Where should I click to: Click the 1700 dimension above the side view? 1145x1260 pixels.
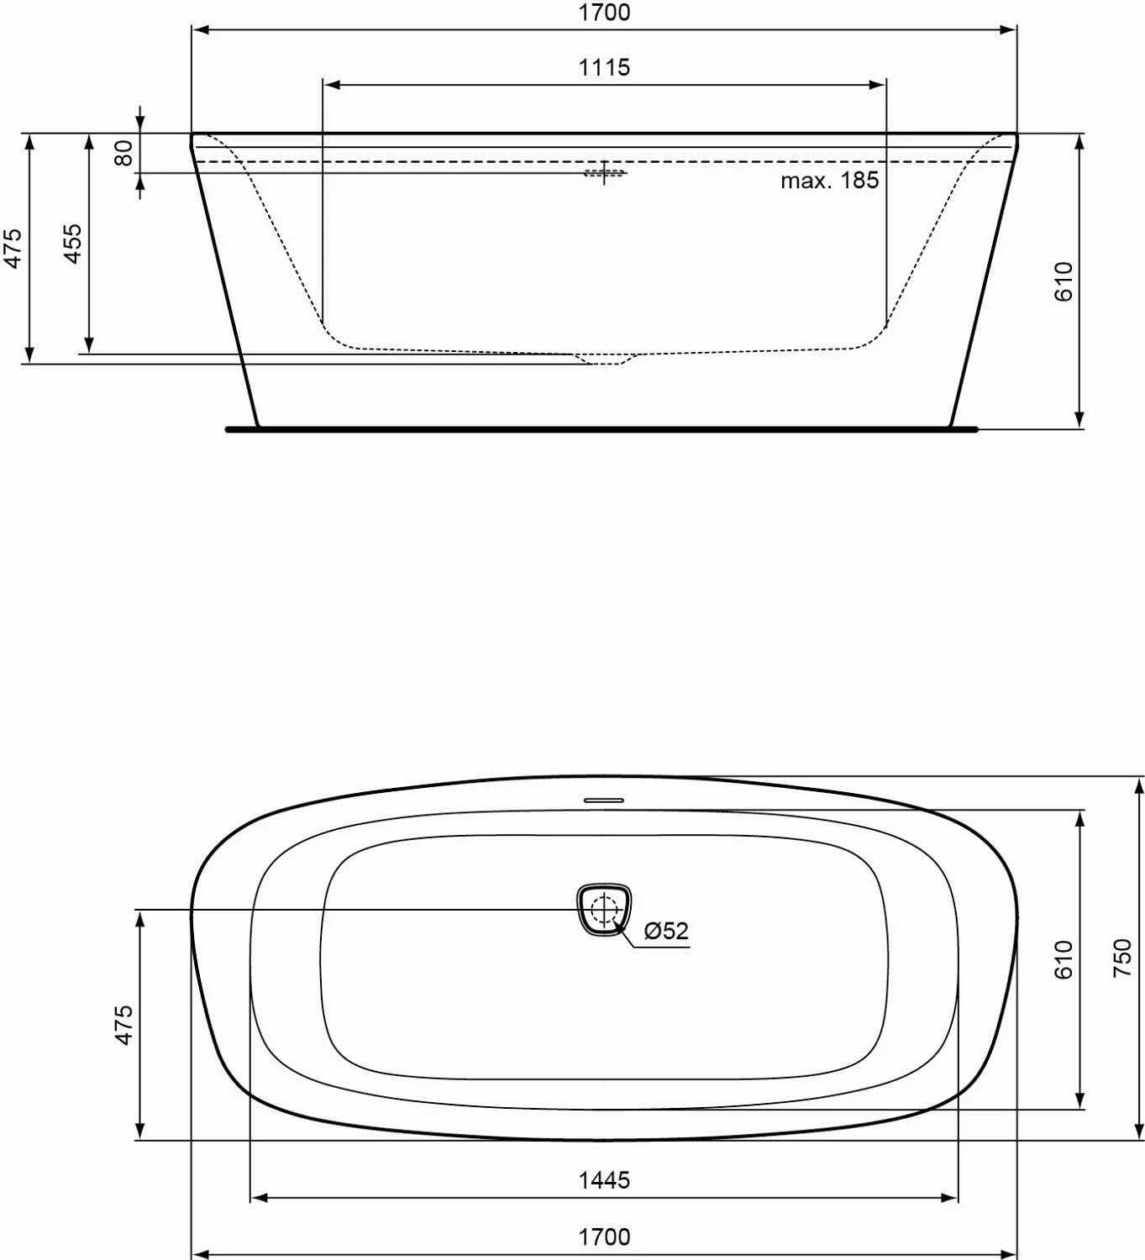pyautogui.click(x=604, y=13)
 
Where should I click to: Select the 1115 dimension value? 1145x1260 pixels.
pyautogui.click(x=604, y=67)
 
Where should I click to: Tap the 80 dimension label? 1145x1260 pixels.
pyautogui.click(x=123, y=153)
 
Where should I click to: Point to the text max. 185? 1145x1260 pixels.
pyautogui.click(x=829, y=181)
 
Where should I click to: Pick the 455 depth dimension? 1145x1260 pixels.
pyautogui.click(x=73, y=244)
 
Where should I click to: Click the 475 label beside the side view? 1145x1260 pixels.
pyautogui.click(x=13, y=249)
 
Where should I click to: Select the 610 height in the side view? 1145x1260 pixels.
pyautogui.click(x=1064, y=281)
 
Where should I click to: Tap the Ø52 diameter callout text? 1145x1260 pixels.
pyautogui.click(x=666, y=931)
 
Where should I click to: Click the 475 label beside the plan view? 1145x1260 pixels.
pyautogui.click(x=123, y=1025)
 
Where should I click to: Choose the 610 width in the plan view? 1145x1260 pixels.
pyautogui.click(x=1064, y=959)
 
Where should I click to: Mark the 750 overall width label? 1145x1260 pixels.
pyautogui.click(x=1122, y=958)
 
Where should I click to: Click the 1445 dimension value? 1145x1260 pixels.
pyautogui.click(x=604, y=1180)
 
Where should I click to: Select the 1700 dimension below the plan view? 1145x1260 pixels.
pyautogui.click(x=604, y=1237)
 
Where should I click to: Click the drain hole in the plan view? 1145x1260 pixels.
pyautogui.click(x=604, y=909)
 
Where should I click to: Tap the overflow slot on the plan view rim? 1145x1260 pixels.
pyautogui.click(x=604, y=800)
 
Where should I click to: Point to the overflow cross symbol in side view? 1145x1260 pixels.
pyautogui.click(x=604, y=173)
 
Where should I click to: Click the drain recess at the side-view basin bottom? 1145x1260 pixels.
pyautogui.click(x=605, y=360)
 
